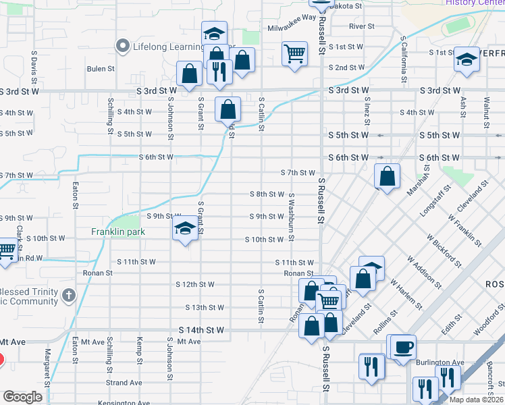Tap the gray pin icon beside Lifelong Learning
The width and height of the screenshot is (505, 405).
coord(122,47)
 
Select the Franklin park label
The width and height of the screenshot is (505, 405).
coord(119,232)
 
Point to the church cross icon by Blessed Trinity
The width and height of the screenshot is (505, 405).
coord(68,295)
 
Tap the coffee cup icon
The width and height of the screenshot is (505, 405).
coord(404,347)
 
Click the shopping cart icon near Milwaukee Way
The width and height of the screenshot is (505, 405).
coord(294,53)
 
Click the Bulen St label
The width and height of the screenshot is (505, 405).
coord(101,68)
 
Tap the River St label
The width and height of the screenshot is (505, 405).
coord(362,26)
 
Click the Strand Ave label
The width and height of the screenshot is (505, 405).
coord(124,383)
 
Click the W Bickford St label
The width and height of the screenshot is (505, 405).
coord(442,250)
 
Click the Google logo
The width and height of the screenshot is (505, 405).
coord(22,397)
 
